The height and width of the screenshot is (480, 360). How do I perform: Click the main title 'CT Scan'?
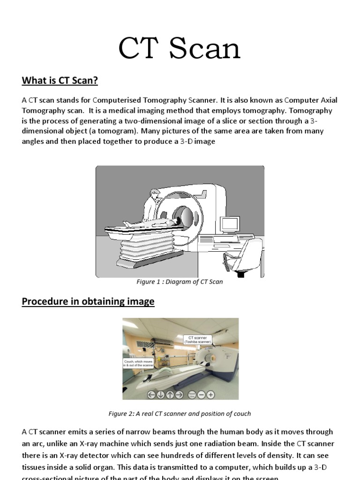[180, 49]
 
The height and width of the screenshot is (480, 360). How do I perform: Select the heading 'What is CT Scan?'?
[60, 81]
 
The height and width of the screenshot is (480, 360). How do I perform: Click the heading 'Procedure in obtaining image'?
[88, 301]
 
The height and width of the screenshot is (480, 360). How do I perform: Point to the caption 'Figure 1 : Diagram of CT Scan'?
[180, 282]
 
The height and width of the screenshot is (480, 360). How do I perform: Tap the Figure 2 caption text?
[180, 413]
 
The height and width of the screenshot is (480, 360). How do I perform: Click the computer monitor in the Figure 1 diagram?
[230, 225]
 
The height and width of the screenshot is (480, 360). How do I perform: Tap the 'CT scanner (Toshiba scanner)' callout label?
[197, 340]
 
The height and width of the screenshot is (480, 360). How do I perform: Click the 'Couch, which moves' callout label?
[135, 363]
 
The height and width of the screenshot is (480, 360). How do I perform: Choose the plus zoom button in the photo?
[211, 395]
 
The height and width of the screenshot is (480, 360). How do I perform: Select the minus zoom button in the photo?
[202, 395]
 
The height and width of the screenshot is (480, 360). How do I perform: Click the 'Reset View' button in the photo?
[192, 395]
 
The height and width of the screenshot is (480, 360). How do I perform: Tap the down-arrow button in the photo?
[161, 395]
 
